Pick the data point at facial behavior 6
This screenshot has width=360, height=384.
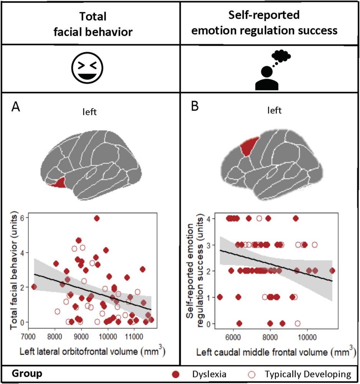tap(97, 218)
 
